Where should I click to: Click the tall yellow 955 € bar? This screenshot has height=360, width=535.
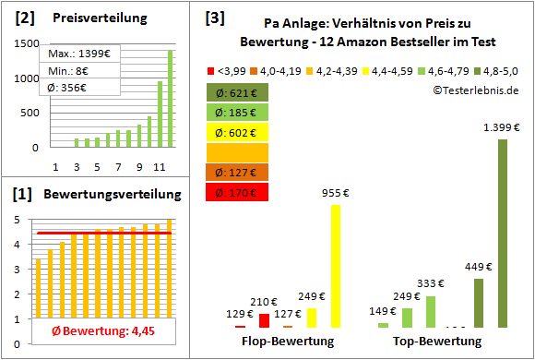(335, 266)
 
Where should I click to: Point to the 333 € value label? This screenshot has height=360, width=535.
(431, 284)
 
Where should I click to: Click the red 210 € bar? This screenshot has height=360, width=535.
(264, 320)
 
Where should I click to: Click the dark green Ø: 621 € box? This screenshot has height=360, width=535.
(238, 92)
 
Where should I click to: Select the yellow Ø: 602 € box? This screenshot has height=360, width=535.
(238, 132)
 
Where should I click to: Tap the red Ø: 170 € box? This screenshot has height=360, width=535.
(238, 193)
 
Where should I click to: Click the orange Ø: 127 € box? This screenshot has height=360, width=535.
(238, 173)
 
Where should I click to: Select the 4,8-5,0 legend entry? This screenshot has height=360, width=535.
(502, 70)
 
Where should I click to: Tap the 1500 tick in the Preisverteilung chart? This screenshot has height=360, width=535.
(27, 43)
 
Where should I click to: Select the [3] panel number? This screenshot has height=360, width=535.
(214, 18)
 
